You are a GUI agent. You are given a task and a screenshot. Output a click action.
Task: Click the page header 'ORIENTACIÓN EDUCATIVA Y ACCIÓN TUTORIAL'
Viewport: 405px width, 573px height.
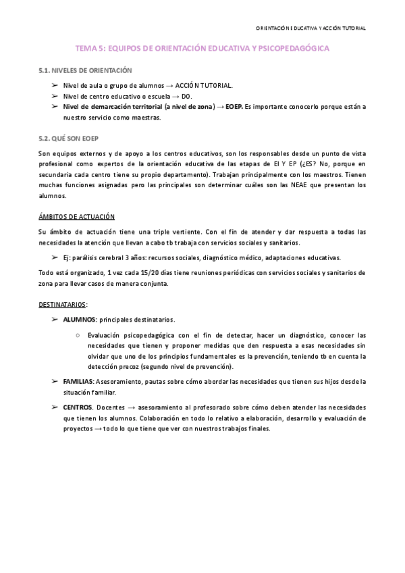311,28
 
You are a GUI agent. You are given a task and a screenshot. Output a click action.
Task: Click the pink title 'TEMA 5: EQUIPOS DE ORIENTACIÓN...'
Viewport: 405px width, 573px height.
202,49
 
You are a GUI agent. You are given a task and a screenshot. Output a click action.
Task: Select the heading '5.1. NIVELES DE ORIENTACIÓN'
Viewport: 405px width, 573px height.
85,70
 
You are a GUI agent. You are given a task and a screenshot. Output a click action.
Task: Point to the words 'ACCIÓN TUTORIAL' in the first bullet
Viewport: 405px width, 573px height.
204,86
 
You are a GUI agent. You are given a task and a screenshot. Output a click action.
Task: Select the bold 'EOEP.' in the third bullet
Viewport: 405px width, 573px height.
234,107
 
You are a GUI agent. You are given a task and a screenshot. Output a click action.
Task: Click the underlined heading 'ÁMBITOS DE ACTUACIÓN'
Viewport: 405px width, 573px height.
76,216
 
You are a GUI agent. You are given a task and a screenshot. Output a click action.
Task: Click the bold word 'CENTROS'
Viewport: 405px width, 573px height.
78,408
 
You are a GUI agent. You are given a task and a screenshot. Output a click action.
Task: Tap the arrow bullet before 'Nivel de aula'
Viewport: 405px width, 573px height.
55,86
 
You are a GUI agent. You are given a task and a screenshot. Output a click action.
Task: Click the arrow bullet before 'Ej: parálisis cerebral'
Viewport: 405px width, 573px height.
55,257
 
